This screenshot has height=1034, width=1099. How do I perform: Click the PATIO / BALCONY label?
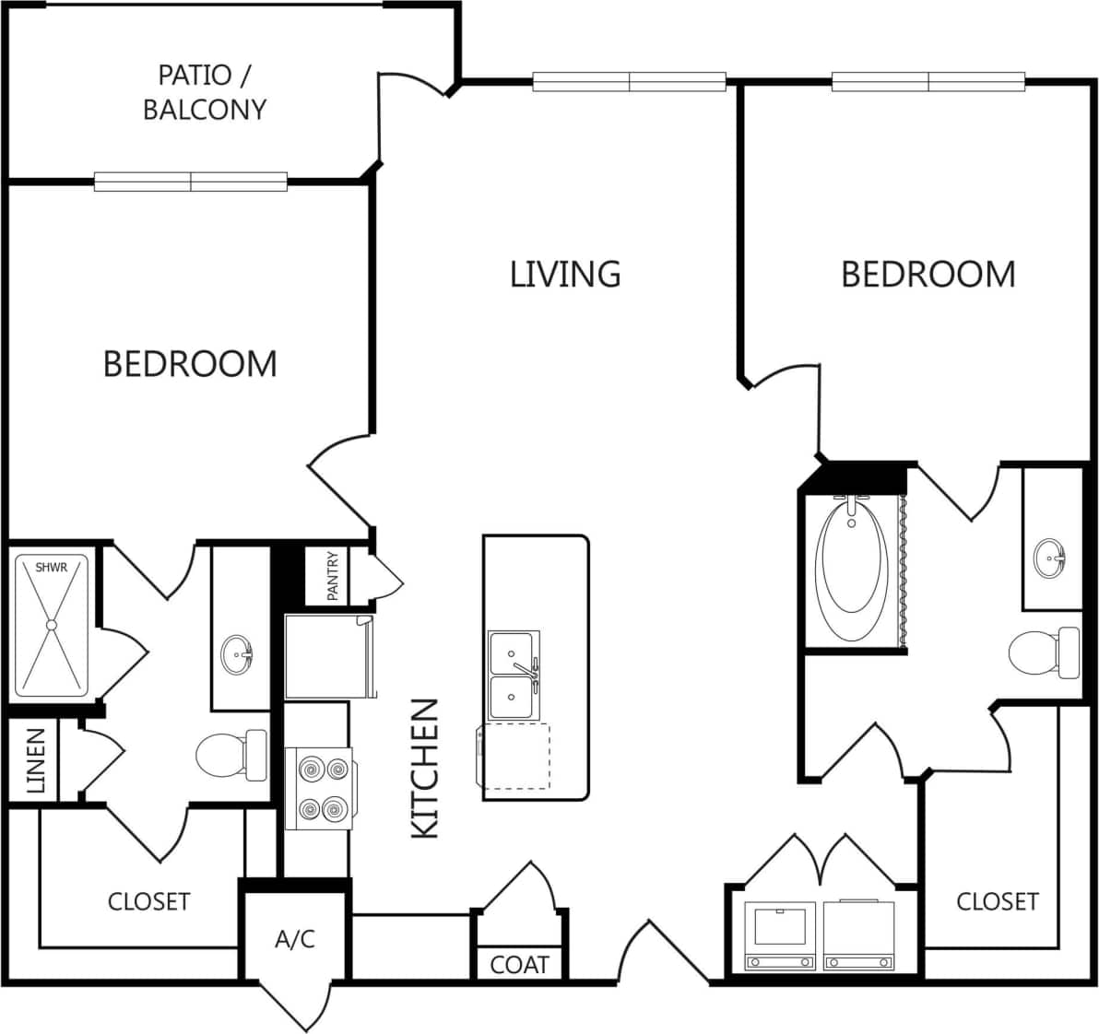(x=204, y=91)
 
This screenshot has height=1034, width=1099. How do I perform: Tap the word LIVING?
(x=565, y=274)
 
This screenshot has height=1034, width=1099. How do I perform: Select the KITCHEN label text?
(x=424, y=768)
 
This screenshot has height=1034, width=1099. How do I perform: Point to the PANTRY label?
(x=333, y=576)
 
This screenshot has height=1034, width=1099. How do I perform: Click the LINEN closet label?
(x=35, y=760)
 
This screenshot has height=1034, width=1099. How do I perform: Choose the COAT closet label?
(x=519, y=964)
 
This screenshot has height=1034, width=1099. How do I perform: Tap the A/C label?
(x=295, y=938)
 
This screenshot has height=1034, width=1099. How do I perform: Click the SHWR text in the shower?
(x=52, y=568)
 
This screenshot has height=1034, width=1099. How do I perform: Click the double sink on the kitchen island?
(x=514, y=676)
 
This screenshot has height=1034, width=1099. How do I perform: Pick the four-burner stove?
(x=319, y=788)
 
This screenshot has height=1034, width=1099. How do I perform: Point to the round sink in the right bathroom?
(x=1049, y=558)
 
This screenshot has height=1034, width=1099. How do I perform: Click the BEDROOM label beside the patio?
(x=190, y=363)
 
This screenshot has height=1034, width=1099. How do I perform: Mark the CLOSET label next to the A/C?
(x=148, y=900)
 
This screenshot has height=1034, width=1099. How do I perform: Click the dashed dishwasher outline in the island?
(x=514, y=756)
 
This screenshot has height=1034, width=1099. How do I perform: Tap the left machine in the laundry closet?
(x=781, y=935)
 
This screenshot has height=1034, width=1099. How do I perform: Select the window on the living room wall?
(x=630, y=82)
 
